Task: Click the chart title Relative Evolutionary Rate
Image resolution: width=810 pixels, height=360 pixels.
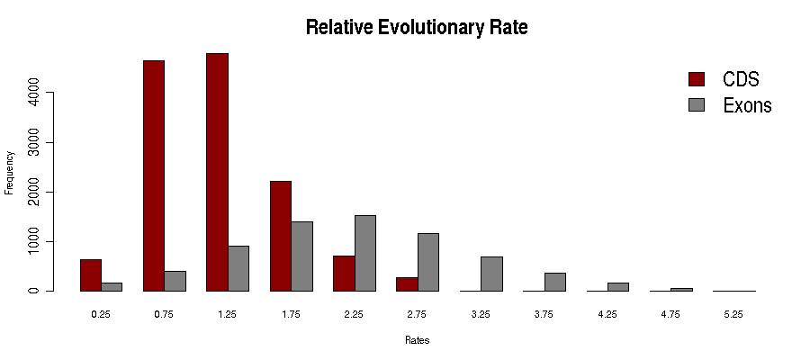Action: pyautogui.click(x=416, y=27)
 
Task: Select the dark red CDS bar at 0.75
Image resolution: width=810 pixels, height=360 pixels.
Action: pyautogui.click(x=154, y=175)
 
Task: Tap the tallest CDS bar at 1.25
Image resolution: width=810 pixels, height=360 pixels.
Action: pyautogui.click(x=217, y=172)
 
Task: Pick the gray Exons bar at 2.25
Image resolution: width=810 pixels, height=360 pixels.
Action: pyautogui.click(x=364, y=253)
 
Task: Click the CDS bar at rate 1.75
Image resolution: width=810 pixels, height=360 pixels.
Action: pyautogui.click(x=281, y=236)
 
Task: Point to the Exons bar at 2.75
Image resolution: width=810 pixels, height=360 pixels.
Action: pyautogui.click(x=427, y=262)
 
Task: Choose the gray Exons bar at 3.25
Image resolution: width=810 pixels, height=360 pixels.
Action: pyautogui.click(x=491, y=274)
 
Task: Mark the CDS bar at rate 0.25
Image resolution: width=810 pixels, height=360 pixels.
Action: pyautogui.click(x=91, y=275)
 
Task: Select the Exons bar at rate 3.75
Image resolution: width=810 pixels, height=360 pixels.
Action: pyautogui.click(x=554, y=282)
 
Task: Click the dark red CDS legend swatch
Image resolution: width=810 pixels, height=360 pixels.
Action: pyautogui.click(x=697, y=79)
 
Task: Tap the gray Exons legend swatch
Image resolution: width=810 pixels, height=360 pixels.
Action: pyautogui.click(x=697, y=105)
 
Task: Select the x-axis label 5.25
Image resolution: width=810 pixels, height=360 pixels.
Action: pyautogui.click(x=733, y=314)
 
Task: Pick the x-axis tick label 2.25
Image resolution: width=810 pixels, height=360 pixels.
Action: pyautogui.click(x=354, y=314)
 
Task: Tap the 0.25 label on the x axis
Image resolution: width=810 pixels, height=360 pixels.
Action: pyautogui.click(x=101, y=314)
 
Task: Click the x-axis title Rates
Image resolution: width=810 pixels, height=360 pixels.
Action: pyautogui.click(x=417, y=341)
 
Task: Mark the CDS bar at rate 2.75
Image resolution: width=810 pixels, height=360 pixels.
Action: pyautogui.click(x=407, y=283)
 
